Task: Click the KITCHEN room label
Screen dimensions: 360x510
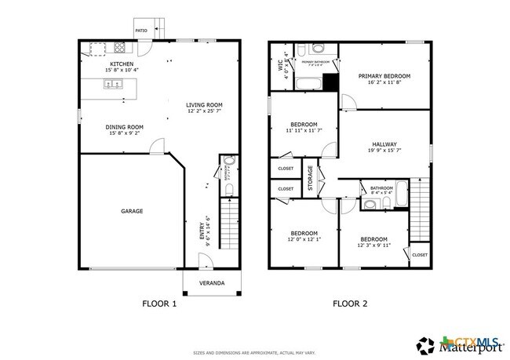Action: tap(122, 64)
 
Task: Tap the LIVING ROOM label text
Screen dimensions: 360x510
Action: tap(204, 104)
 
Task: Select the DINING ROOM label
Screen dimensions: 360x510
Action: tap(125, 126)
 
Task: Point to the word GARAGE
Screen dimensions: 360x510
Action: tap(131, 210)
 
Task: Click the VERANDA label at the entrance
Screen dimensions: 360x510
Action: tap(210, 282)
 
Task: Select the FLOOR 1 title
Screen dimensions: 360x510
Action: tap(158, 303)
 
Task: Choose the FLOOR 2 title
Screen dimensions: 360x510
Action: tap(350, 303)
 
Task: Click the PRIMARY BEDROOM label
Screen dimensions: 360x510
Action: tap(384, 76)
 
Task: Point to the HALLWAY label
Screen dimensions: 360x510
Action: tap(384, 144)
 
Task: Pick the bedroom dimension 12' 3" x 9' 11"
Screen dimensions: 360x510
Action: tap(373, 246)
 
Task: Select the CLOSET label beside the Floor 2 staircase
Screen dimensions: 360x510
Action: tap(420, 255)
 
